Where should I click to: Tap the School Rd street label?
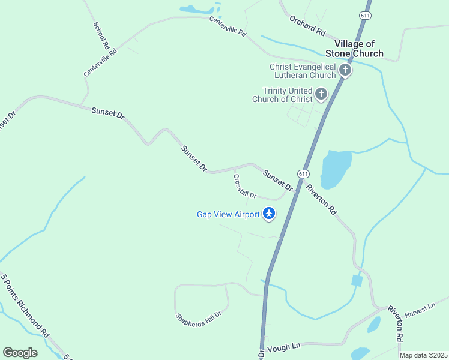101,35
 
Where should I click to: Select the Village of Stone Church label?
359,49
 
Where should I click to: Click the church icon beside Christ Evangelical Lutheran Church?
345,70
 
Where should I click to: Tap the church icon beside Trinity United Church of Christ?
321,94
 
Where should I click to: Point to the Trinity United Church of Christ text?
282,95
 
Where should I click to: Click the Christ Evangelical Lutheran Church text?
303,71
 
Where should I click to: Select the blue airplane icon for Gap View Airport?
269,213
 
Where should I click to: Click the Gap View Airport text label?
228,214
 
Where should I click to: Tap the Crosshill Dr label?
245,186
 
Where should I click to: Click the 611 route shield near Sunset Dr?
303,174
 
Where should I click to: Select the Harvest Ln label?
419,310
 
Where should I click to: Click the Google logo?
20,353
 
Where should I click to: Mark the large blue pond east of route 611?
336,169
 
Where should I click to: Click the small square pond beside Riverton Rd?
357,281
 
